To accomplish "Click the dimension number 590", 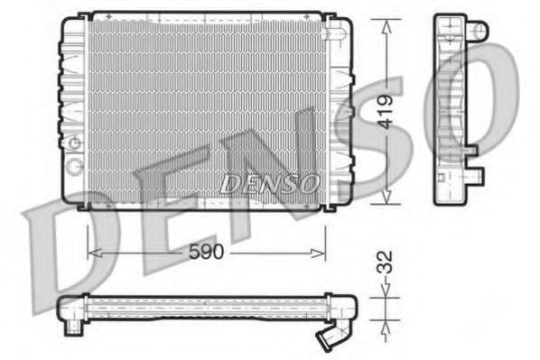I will pyautogui.click(x=206, y=254).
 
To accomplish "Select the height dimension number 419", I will pyautogui.click(x=386, y=112).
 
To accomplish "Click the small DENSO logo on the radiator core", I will pyautogui.click(x=270, y=184).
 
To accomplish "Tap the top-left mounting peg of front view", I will pyautogui.click(x=84, y=14).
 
